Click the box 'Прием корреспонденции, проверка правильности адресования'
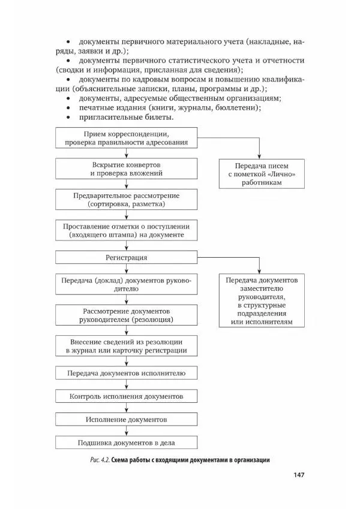tap(127, 137)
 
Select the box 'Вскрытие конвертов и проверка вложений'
tap(127, 168)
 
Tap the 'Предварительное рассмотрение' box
tap(127, 200)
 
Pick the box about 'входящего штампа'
tap(127, 231)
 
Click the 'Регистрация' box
tap(127, 257)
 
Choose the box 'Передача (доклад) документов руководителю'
tap(127, 284)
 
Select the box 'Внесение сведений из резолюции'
tap(127, 346)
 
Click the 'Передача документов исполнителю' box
tap(127, 373)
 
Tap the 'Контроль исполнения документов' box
tap(127, 396)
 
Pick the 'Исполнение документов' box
tap(127, 419)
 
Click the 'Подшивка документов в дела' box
tap(127, 443)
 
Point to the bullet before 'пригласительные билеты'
tap(68, 117)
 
